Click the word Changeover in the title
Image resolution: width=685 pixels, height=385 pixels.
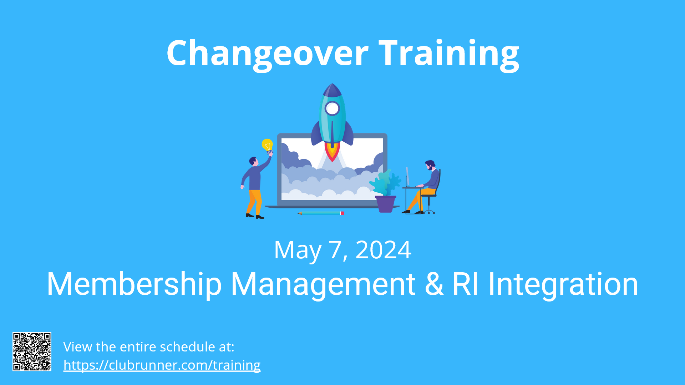click(268, 54)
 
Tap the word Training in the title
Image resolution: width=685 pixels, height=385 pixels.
click(449, 54)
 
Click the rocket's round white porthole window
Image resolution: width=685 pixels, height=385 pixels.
click(332, 108)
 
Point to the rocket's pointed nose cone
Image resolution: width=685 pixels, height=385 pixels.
click(332, 90)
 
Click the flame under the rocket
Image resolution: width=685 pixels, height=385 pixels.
click(332, 152)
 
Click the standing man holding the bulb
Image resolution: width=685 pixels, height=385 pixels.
click(255, 186)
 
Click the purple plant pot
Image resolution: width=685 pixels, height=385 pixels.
click(386, 204)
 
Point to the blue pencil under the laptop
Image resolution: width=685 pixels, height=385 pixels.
click(321, 213)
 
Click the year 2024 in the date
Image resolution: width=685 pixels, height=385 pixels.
click(384, 250)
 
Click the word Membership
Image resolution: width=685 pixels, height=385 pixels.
click(135, 284)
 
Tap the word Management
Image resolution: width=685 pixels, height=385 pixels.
click(323, 284)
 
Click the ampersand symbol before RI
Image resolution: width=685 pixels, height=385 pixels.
click(434, 284)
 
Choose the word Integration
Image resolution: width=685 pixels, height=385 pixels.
click(563, 284)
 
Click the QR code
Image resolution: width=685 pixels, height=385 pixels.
click(32, 351)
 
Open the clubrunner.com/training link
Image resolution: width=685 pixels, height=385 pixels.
click(162, 365)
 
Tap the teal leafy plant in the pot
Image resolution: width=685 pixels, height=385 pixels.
click(385, 183)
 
